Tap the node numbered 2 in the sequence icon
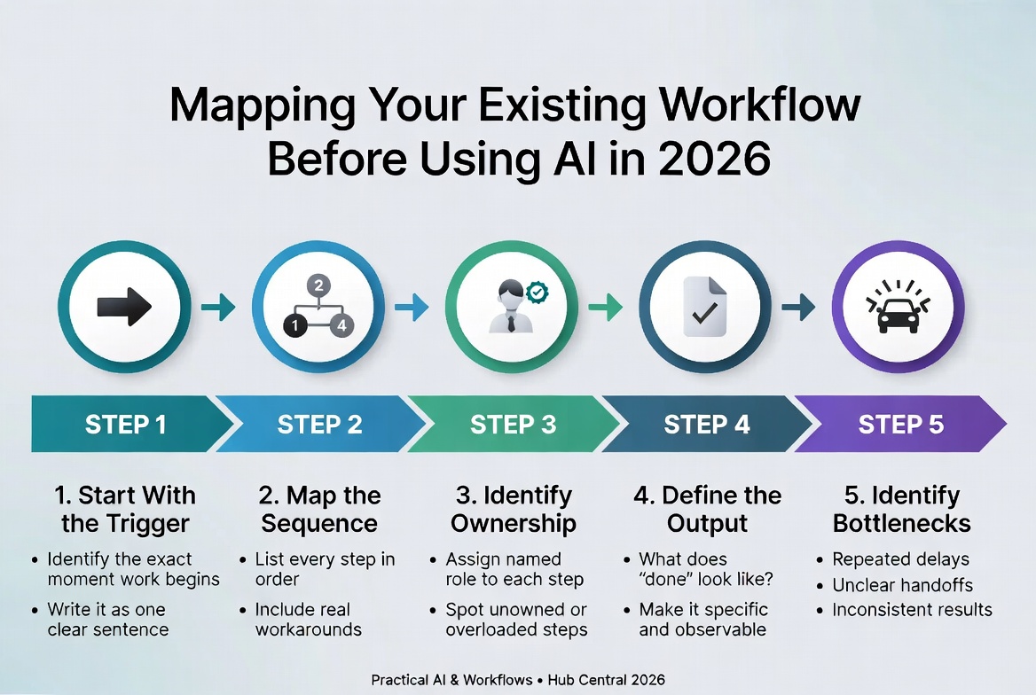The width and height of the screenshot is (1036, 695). pos(318,285)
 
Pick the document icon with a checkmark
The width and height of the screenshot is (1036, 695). pos(706,307)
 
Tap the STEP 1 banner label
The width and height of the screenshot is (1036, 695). pos(125,425)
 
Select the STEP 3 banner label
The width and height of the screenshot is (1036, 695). pos(513,425)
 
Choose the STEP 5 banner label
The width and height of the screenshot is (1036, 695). pos(900,425)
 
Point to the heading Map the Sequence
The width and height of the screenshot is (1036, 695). pos(319,509)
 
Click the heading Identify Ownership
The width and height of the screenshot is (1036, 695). pos(513,509)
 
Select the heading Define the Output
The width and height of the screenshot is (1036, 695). pos(707,509)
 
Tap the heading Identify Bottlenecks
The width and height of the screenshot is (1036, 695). pos(901,509)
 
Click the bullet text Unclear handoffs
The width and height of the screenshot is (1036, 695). pos(902,585)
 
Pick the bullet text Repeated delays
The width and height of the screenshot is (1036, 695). pos(900,559)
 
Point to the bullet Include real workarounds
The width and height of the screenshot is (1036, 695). pos(308,620)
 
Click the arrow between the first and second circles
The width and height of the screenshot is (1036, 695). pos(218,308)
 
